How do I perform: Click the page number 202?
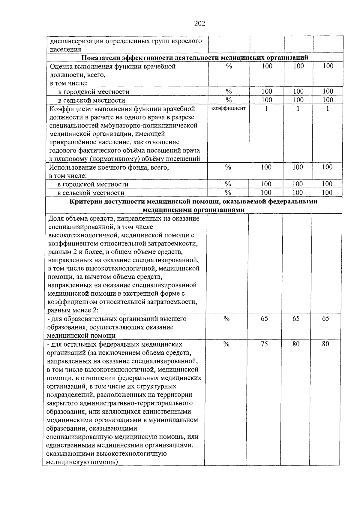(x=199, y=23)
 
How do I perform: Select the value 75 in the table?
(x=264, y=344)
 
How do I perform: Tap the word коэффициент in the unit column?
(x=229, y=108)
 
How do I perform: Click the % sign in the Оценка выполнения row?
(x=229, y=66)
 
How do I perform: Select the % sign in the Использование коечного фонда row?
(x=228, y=167)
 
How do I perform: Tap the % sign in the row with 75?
(x=226, y=344)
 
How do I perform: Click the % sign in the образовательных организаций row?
(x=226, y=319)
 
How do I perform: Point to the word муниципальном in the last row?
(x=178, y=420)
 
